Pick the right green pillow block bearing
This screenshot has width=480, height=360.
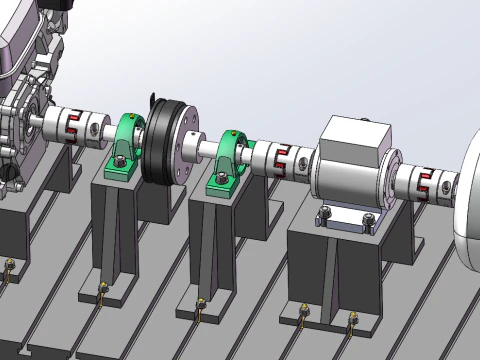229,160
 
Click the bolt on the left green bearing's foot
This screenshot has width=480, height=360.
119,162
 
